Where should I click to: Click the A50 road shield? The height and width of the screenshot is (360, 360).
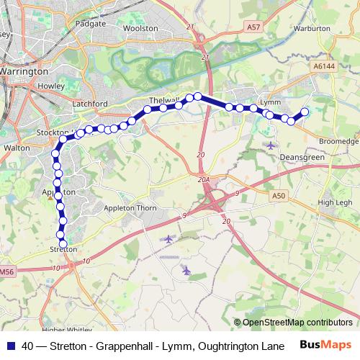[x=280, y=195]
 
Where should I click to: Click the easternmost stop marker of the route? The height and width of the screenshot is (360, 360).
[x=305, y=112]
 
